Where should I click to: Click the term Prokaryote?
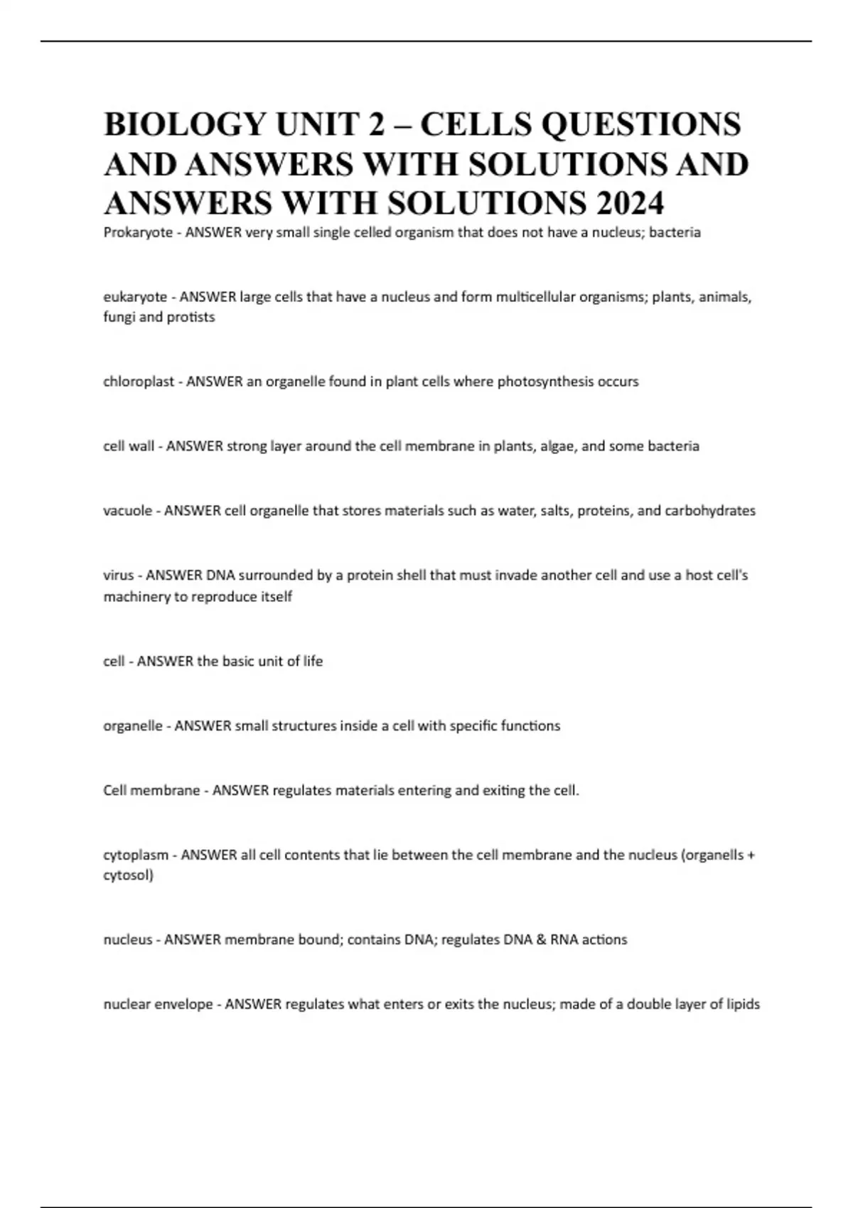pyautogui.click(x=138, y=232)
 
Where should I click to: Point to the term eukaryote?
pyautogui.click(x=135, y=297)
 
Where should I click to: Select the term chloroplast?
pyautogui.click(x=139, y=382)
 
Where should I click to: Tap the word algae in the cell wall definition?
pyautogui.click(x=557, y=446)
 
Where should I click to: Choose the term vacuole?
pyautogui.click(x=128, y=511)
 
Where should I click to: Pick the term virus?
pyautogui.click(x=118, y=575)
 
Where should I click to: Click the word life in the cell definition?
pyautogui.click(x=313, y=661)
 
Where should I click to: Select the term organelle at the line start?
pyautogui.click(x=133, y=726)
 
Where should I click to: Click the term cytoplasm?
pyautogui.click(x=136, y=855)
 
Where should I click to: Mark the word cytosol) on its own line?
pyautogui.click(x=128, y=875)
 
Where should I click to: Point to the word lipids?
pyautogui.click(x=743, y=1004)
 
